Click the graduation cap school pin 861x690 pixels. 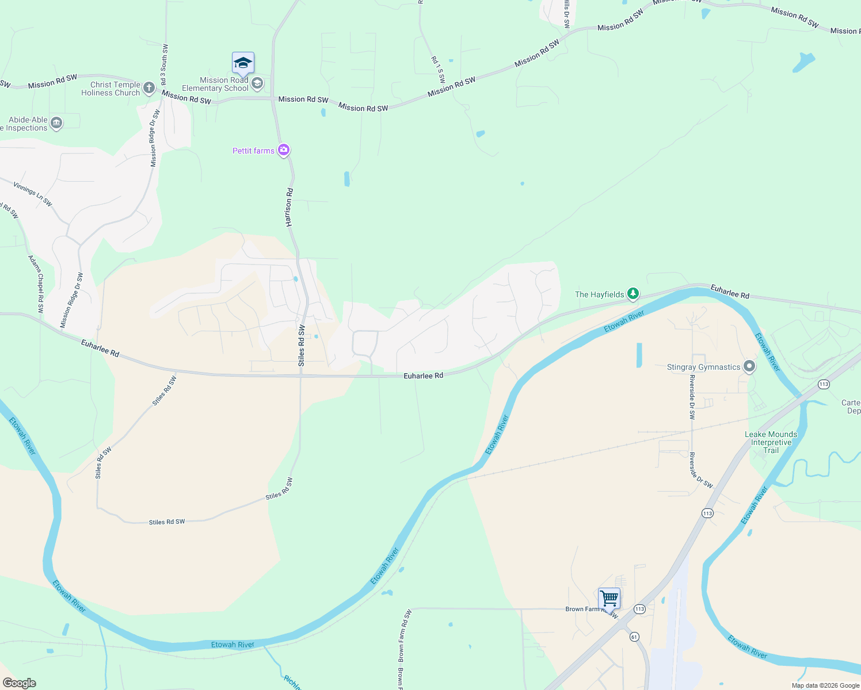243,63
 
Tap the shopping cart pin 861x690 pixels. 609,599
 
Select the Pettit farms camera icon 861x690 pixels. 283,151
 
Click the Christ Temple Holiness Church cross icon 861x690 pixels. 148,88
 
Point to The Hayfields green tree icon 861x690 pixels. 633,294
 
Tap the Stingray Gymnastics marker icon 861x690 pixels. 749,366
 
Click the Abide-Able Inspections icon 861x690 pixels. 56,122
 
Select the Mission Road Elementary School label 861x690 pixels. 215,84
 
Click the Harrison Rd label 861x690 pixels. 289,207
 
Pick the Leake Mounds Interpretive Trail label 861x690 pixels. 771,442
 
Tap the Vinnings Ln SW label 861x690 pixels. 33,195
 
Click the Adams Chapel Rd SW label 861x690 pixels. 36,284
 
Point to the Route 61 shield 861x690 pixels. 634,637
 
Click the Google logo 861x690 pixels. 20,683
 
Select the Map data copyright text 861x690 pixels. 825,685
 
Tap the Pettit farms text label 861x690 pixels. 253,151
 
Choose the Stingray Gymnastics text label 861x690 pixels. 703,367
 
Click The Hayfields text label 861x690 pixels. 599,294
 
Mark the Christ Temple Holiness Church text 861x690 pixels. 111,89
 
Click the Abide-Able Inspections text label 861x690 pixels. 25,124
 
